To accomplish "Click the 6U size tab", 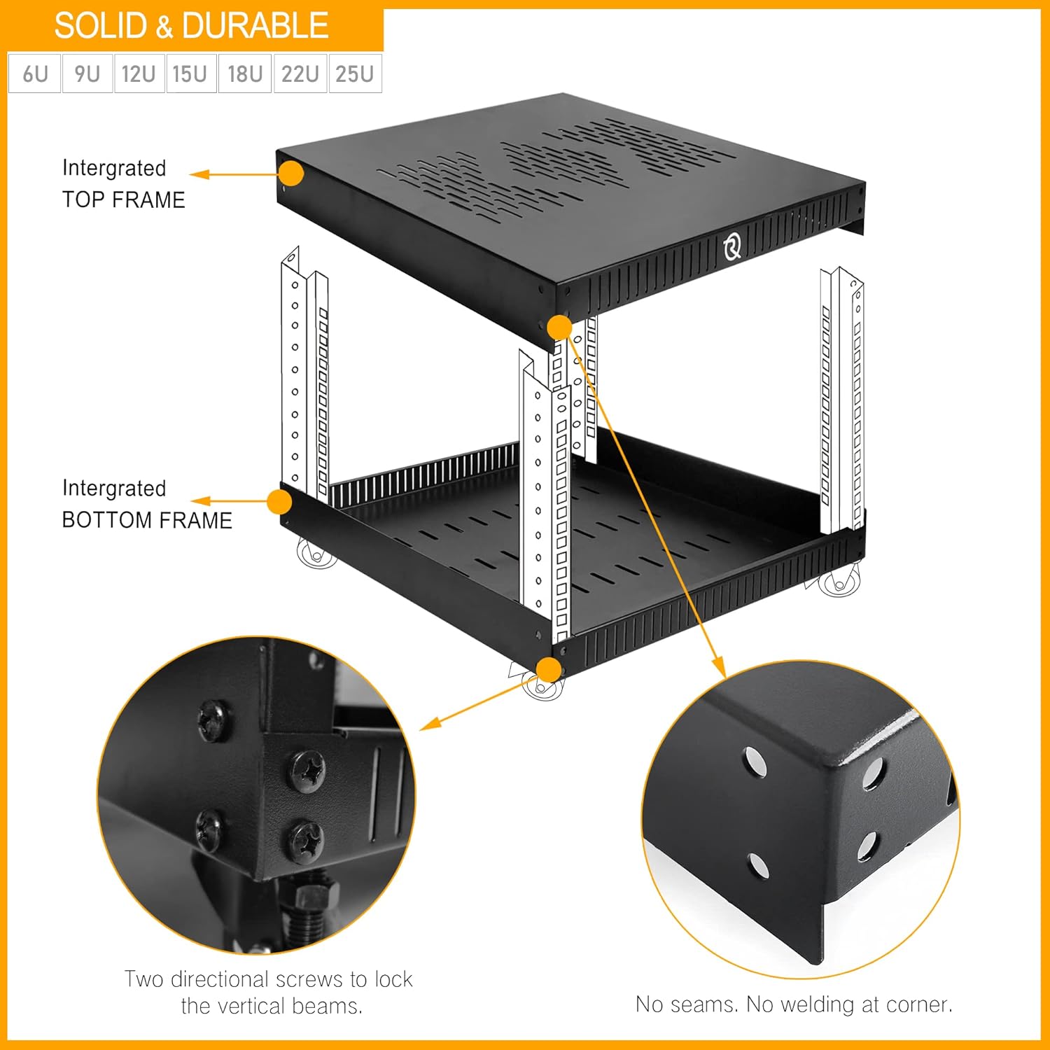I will click(x=35, y=73).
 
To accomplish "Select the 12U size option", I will click(x=139, y=73).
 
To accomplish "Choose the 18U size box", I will click(x=245, y=73).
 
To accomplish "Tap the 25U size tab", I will click(x=354, y=73).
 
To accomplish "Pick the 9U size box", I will click(x=87, y=73).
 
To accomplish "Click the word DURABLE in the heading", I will click(x=255, y=26).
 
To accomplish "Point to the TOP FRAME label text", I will click(x=123, y=199).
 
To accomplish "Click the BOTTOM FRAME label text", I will click(x=147, y=520).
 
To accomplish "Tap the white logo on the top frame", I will click(x=732, y=246).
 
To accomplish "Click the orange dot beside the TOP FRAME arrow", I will click(x=292, y=173).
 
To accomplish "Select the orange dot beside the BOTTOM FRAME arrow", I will click(x=279, y=501).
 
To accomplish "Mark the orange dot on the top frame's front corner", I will click(x=559, y=327).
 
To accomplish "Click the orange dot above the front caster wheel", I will click(x=550, y=670).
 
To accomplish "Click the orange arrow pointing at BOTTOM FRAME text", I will click(x=201, y=501).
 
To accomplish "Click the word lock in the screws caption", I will click(x=393, y=979).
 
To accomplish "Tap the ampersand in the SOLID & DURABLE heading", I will click(x=164, y=27).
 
